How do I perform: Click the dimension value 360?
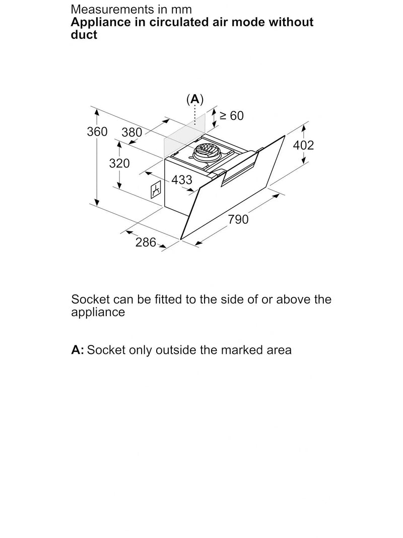point(97,132)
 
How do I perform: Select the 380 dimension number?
point(131,132)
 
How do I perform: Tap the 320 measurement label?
point(119,163)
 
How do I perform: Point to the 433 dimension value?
point(182,180)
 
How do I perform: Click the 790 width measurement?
point(238,219)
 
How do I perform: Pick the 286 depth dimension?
point(146,242)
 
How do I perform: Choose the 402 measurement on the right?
point(303,145)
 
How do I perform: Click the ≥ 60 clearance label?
point(232,115)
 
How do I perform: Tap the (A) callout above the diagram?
point(195,99)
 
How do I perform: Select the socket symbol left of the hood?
point(157,190)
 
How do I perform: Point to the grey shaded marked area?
point(184,135)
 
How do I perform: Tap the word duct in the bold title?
point(84,35)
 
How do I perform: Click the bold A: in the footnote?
point(78,350)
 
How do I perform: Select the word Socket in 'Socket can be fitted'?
point(91,299)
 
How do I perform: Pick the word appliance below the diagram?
point(98,313)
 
